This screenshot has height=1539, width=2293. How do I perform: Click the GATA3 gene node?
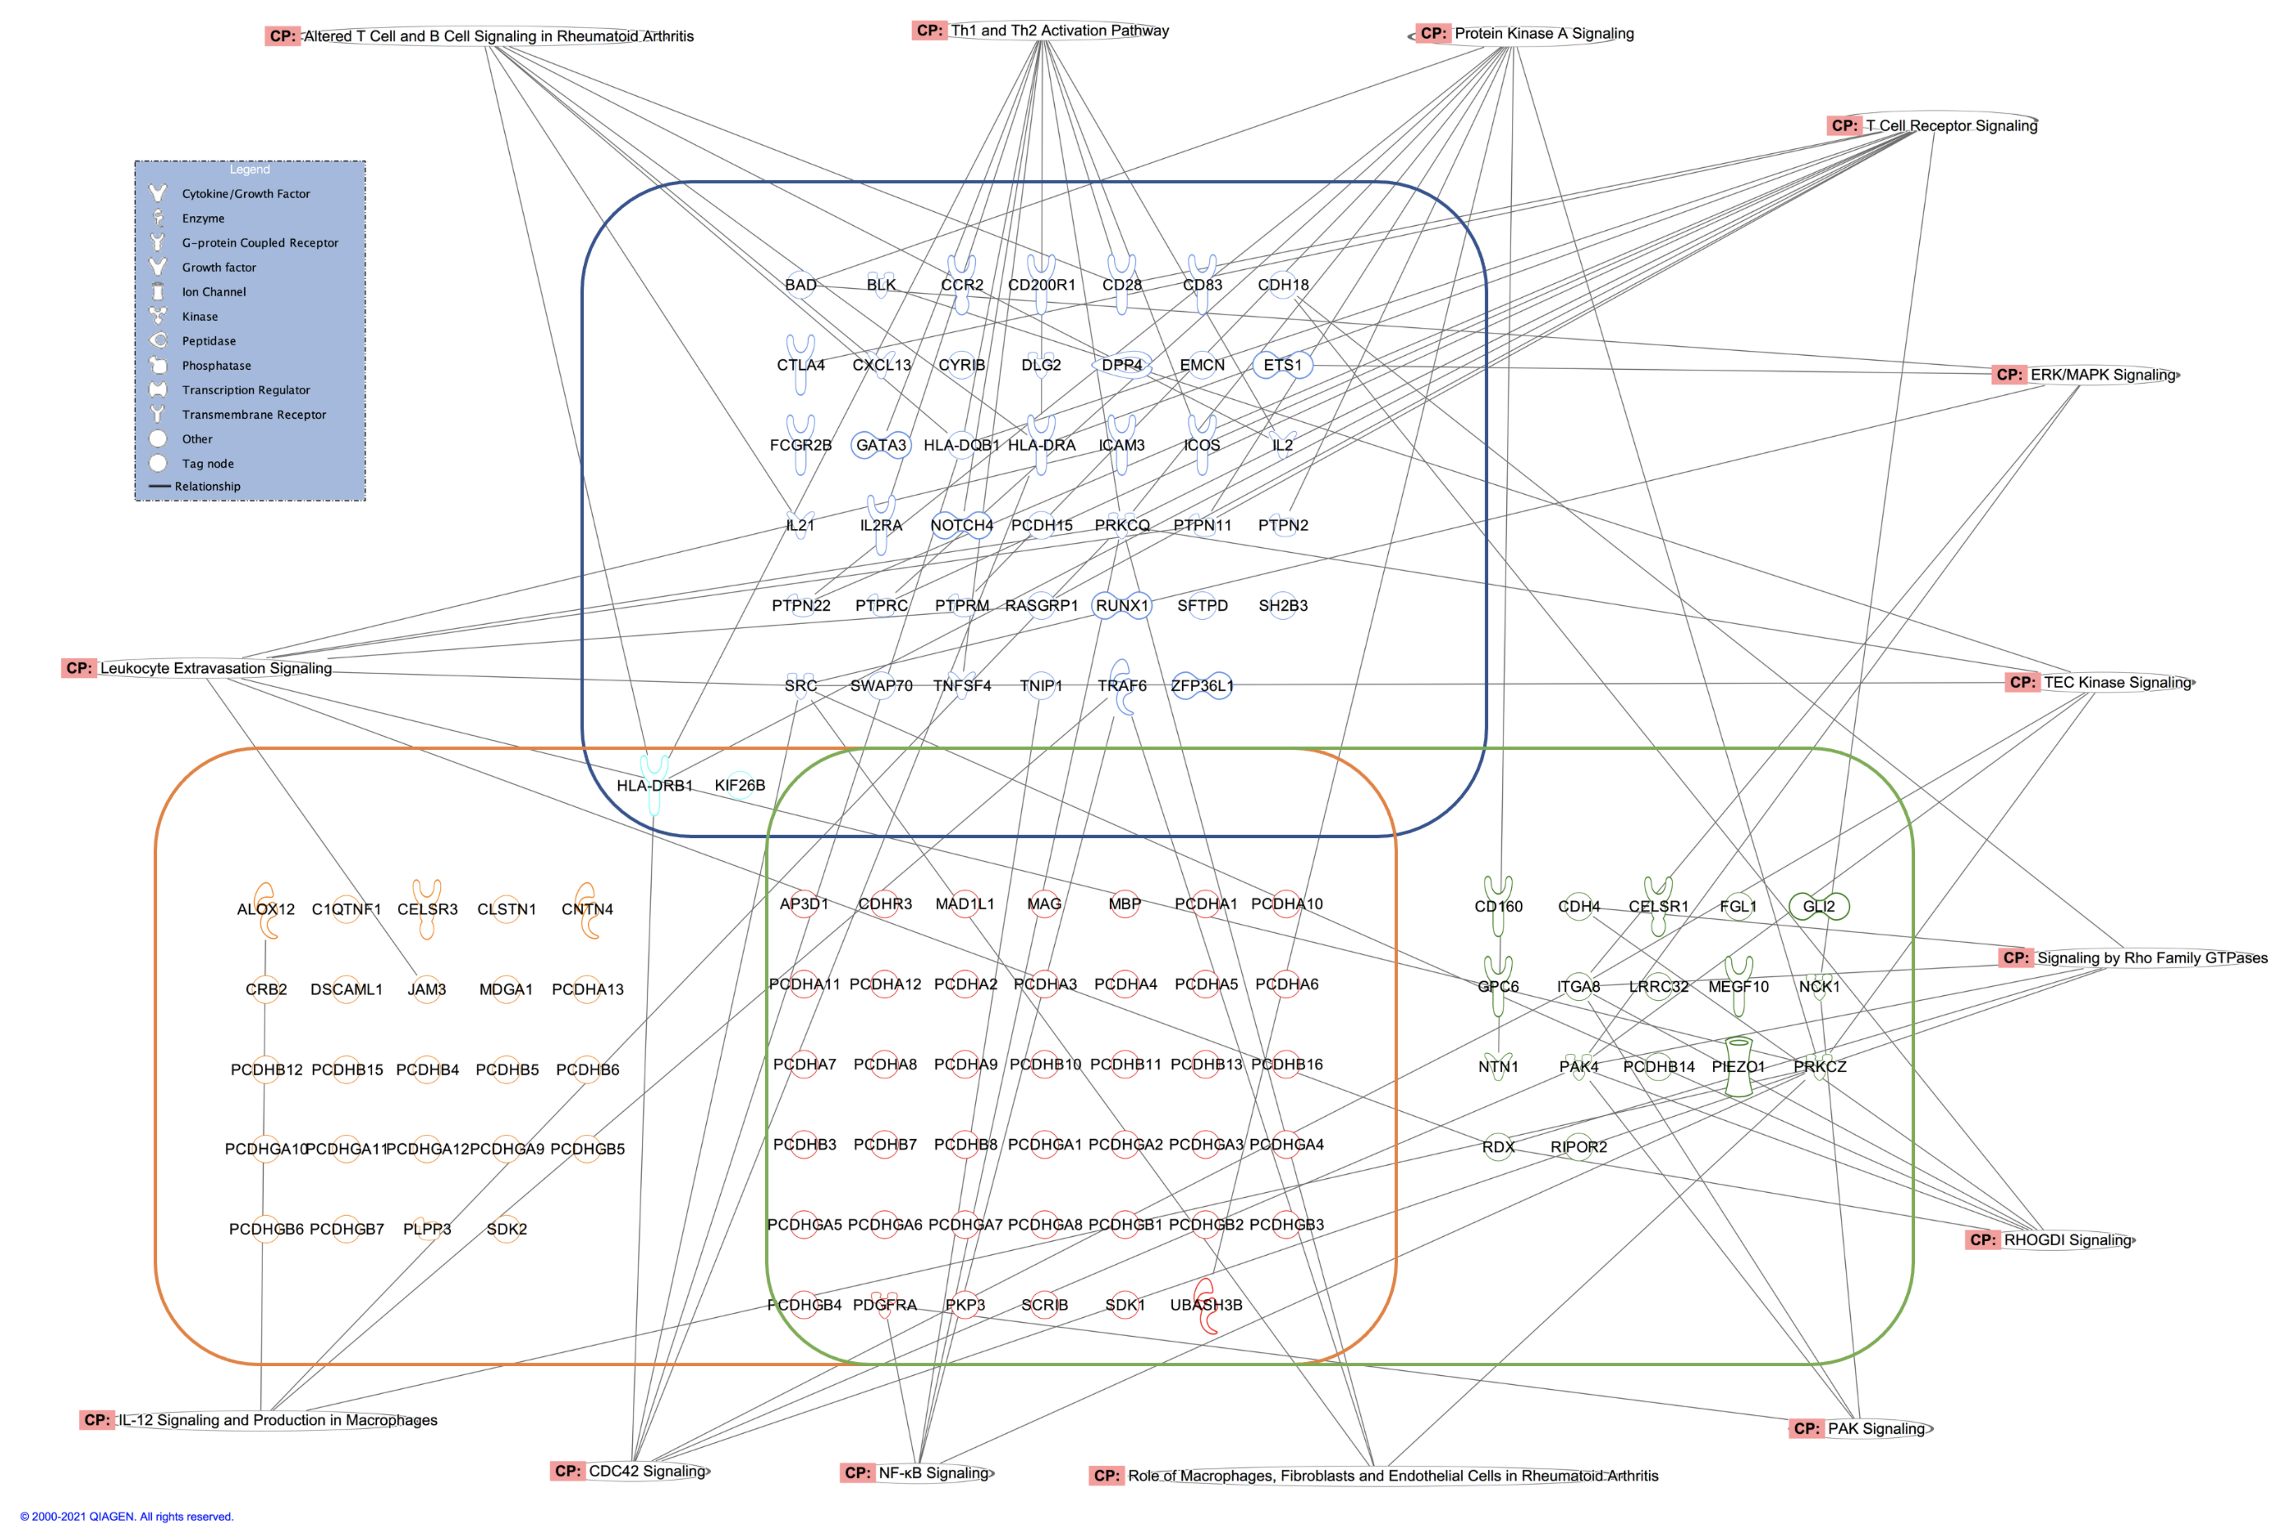pos(880,445)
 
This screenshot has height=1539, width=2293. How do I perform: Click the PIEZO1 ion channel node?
pos(1739,1067)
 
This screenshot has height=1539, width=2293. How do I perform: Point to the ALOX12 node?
pos(265,909)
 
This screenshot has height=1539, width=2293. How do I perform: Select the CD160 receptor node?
pos(1498,906)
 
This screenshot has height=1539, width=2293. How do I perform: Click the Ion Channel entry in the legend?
pos(213,292)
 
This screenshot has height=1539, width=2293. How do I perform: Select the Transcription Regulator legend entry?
pos(245,389)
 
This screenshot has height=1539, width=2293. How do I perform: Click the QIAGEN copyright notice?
pos(127,1516)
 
